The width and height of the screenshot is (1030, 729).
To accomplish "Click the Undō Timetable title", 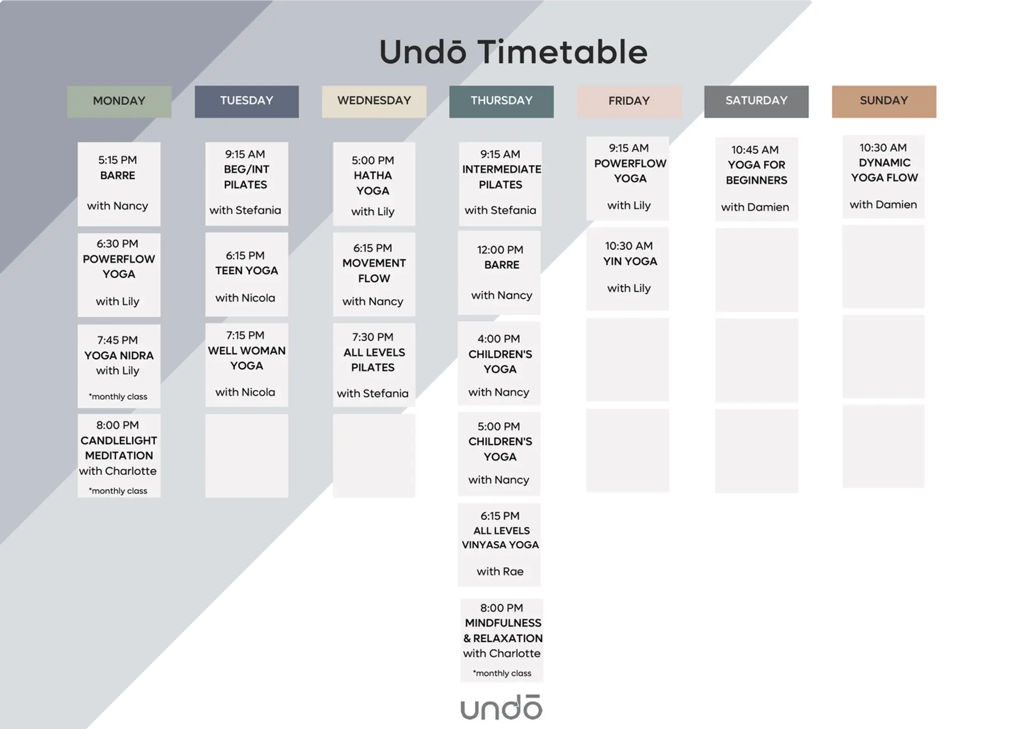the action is [513, 52].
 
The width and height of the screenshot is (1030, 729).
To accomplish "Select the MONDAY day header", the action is [119, 102].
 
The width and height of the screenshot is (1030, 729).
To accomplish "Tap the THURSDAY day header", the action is [501, 102].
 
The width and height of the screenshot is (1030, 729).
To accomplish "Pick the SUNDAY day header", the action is [884, 102].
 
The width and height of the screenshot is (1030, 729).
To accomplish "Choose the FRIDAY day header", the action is [629, 102].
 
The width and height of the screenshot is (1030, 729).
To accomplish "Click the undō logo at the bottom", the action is [501, 707].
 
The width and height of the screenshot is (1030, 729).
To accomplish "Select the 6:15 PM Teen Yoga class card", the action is [246, 274].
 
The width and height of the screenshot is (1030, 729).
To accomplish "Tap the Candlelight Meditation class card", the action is [119, 456].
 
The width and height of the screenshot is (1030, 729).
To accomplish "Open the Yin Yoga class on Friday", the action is [628, 269].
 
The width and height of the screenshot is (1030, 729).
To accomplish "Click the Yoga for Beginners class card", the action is [756, 179].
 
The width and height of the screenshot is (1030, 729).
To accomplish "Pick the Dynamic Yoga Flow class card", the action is [884, 177].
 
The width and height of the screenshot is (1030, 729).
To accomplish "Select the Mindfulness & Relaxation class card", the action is [502, 640].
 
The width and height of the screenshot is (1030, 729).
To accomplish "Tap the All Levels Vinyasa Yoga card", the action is [499, 545].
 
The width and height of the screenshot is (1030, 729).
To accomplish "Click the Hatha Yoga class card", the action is [374, 184].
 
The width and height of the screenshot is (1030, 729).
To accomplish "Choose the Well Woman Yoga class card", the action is [246, 365].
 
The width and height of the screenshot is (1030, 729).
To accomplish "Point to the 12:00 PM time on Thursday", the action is [500, 250].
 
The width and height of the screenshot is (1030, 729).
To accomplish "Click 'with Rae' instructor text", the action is [500, 572].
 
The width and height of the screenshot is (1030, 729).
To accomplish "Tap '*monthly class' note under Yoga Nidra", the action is [118, 396].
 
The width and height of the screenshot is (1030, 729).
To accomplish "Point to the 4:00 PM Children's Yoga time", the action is [499, 339].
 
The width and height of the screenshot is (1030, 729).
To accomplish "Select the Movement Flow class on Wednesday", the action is [374, 274].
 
